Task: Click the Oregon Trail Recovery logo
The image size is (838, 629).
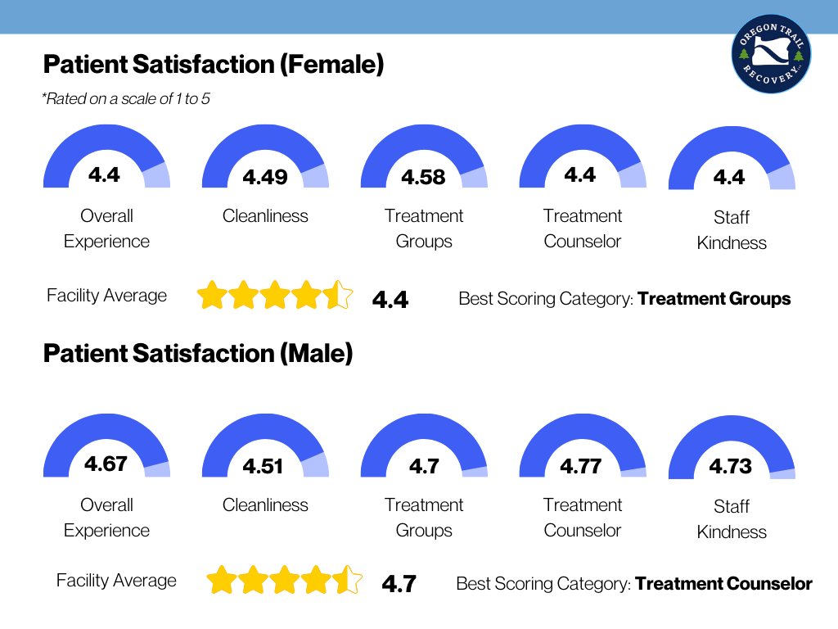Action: pos(771,54)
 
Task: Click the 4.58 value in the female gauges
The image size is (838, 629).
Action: pos(423,177)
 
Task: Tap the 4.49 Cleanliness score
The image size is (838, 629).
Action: pos(264,177)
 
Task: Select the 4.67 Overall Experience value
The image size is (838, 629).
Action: pos(106,464)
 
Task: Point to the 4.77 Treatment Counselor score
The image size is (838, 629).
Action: pos(581,467)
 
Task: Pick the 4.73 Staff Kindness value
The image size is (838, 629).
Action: pos(730,467)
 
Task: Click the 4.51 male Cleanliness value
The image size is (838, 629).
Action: pos(264,467)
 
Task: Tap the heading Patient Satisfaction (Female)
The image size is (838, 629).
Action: pos(213,65)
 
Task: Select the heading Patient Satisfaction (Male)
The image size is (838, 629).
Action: pos(197,354)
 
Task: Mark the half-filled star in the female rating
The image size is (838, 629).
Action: pos(339,295)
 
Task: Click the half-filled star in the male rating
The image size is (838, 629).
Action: pos(348,581)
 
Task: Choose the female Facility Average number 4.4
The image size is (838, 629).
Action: pos(390,300)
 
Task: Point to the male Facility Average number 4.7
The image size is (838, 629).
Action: pos(399,585)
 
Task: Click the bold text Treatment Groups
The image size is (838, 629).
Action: pos(714,298)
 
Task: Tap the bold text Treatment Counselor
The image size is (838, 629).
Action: pos(723,584)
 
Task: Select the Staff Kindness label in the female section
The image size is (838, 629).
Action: pos(732,230)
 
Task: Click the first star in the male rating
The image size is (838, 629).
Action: pos(221,581)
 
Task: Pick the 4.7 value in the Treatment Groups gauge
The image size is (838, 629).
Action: pos(424,467)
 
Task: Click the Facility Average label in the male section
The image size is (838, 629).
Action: pos(116,581)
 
